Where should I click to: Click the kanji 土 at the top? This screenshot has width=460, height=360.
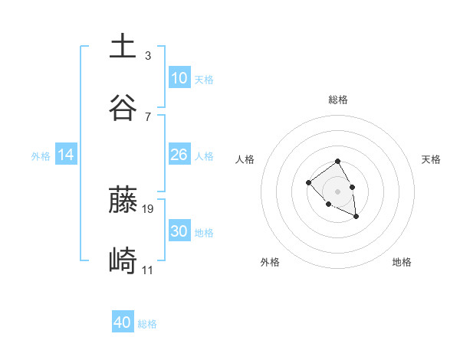tap(123, 47)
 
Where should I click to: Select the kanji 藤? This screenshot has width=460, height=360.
tap(123, 200)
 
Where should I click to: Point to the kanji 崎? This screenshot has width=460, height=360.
tap(123, 261)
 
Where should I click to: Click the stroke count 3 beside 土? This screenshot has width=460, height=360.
tap(147, 56)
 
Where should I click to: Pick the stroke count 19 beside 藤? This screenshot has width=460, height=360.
tap(149, 208)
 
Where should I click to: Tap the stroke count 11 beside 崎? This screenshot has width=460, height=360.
tap(148, 270)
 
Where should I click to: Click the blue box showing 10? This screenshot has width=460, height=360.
tap(179, 78)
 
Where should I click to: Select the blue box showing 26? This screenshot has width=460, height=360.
tap(179, 155)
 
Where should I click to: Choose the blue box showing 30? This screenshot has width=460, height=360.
tap(179, 231)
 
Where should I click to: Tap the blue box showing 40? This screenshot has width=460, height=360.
tap(123, 322)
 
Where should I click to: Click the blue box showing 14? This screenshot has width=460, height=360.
tap(66, 155)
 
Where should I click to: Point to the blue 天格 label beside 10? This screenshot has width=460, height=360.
tap(204, 80)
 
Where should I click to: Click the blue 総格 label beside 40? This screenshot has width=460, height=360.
tap(147, 324)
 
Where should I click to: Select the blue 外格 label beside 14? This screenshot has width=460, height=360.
tap(41, 156)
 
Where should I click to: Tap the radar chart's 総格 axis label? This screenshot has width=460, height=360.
tap(338, 100)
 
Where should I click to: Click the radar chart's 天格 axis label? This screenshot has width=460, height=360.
tap(431, 159)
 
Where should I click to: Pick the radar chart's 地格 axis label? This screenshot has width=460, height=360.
tap(402, 262)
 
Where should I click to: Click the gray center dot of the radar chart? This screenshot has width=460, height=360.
tap(337, 191)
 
